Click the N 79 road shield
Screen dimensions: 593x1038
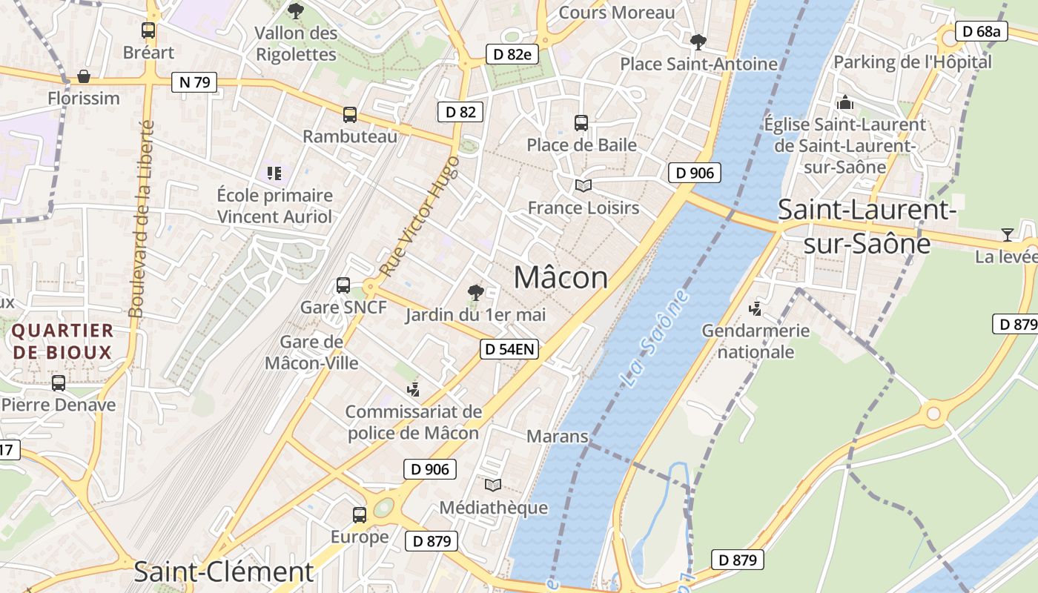pos(195,82)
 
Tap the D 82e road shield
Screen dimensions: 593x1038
pos(512,54)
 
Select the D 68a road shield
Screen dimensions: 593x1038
pos(981,31)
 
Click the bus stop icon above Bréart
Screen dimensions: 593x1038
pos(148,30)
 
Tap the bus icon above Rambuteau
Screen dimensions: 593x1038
pos(350,115)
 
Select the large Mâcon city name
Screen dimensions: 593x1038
pos(561,277)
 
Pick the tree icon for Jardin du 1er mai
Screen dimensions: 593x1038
pos(475,293)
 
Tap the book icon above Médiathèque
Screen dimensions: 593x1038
pos(493,486)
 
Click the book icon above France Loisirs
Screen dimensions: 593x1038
pos(584,186)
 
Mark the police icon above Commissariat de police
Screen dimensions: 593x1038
pos(413,388)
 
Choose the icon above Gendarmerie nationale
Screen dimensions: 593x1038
pos(756,308)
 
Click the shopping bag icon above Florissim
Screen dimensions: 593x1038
pos(84,76)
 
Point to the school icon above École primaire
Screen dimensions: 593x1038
pos(274,173)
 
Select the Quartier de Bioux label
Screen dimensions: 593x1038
pos(62,341)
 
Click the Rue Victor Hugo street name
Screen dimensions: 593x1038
pos(420,216)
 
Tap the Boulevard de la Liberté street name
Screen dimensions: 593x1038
pos(142,219)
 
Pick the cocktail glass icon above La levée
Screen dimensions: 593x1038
pos(1007,235)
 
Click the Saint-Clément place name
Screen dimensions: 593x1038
pos(224,572)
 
